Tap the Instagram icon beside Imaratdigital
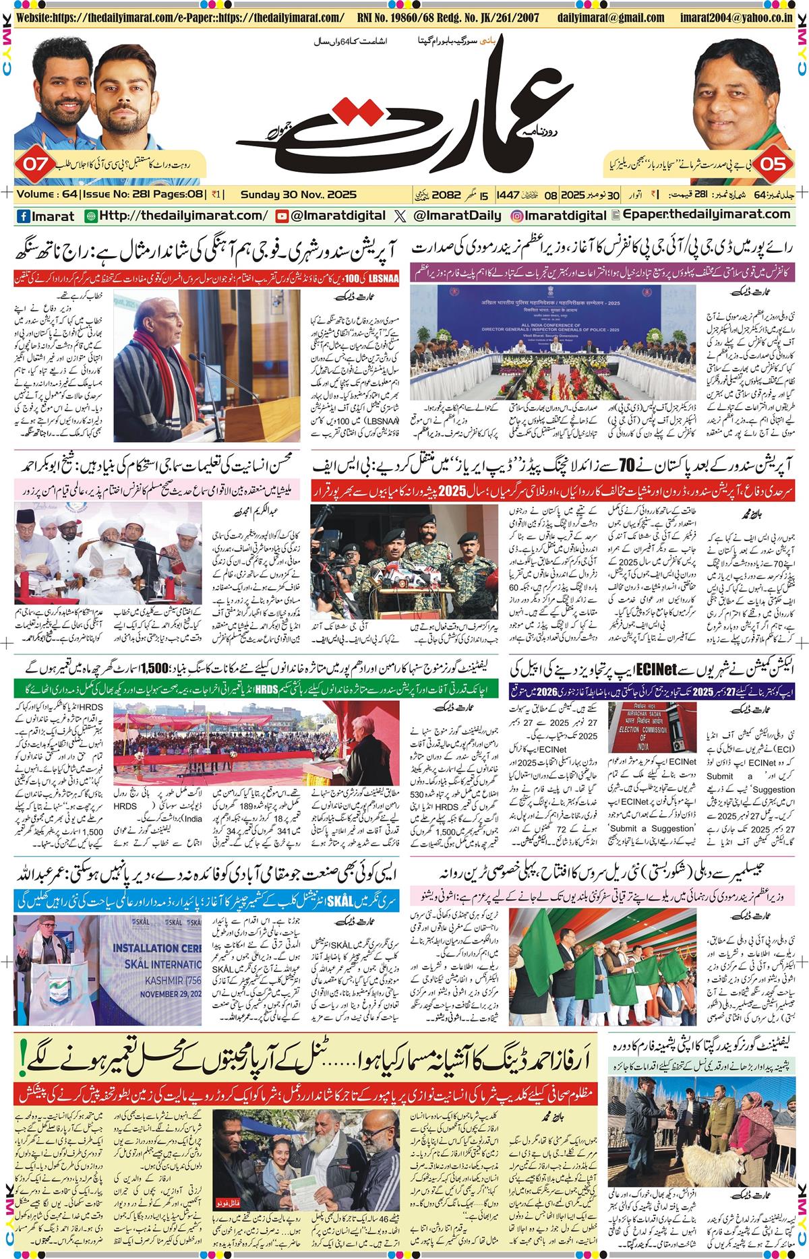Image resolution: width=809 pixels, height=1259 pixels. pos(518,216)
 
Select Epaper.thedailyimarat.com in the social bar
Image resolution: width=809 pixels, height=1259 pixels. pos(708,216)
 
